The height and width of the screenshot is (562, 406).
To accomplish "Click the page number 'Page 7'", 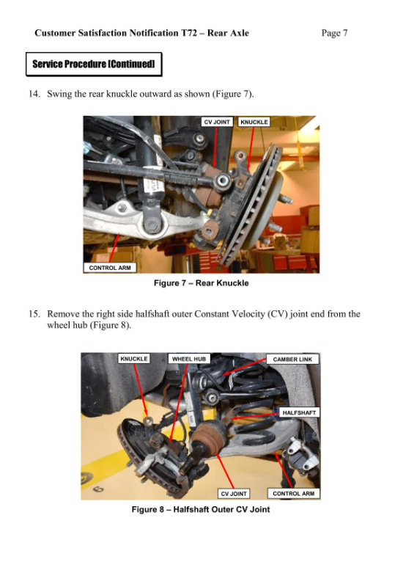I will (334, 33).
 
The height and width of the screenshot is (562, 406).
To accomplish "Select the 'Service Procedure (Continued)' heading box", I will (93, 65).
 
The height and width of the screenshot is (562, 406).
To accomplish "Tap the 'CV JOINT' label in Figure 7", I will (217, 121).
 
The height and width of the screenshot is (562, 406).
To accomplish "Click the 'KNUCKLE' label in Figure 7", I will (254, 121).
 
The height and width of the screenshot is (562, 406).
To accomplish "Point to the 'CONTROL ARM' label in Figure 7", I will (110, 268).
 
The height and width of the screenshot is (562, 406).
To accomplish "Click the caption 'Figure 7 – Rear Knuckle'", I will (202, 282).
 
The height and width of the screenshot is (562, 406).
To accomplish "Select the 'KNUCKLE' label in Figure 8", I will (134, 359).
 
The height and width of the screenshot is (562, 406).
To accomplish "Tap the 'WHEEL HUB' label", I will (190, 359).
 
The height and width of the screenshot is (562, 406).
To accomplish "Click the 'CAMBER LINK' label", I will (292, 360).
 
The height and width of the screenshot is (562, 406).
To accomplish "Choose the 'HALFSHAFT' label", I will (299, 412).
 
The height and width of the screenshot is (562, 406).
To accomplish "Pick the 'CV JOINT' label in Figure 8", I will (235, 494).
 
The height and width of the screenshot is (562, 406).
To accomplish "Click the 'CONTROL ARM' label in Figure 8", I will (293, 494).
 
